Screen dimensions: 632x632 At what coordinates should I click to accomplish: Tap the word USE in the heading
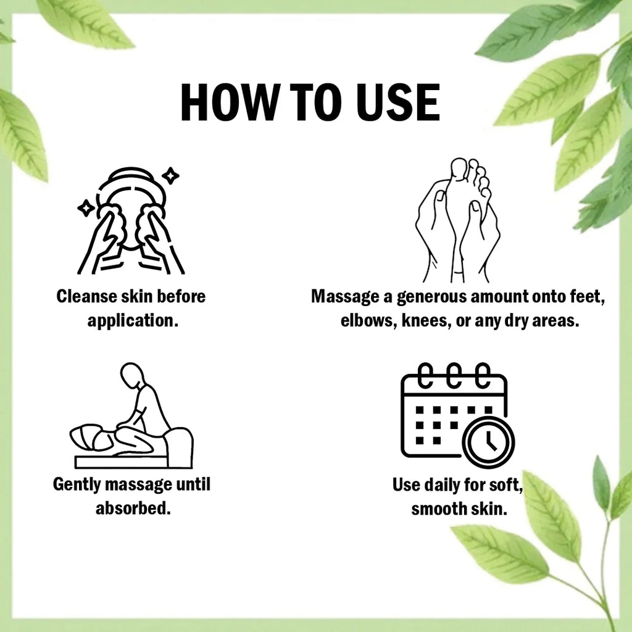point(398,102)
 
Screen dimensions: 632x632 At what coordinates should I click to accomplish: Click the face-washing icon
point(131,221)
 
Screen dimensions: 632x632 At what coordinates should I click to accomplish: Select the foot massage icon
point(458,220)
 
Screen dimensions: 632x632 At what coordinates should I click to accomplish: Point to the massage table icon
point(131,415)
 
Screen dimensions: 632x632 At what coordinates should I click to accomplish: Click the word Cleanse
point(86,296)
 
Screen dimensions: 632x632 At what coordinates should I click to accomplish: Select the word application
point(133,321)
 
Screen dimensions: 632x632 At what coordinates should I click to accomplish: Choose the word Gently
point(77,484)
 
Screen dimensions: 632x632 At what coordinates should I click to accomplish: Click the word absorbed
point(133,509)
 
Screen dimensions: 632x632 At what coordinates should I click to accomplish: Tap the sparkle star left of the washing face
point(86,209)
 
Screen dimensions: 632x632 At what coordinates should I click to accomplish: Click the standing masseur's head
point(132,374)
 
